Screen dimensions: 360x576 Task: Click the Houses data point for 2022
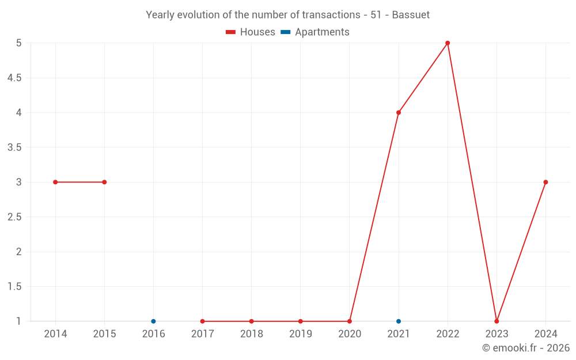[x=448, y=43]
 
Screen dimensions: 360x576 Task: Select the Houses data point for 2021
[x=399, y=112]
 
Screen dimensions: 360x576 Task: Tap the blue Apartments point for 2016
[x=153, y=321]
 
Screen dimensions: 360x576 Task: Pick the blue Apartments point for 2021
[x=399, y=321]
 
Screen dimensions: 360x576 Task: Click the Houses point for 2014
[x=55, y=182]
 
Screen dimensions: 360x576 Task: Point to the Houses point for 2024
[x=545, y=182]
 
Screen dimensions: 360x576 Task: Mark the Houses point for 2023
[x=497, y=321]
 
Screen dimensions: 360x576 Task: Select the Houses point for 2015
[x=104, y=182]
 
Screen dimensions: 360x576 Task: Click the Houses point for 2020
[x=350, y=321]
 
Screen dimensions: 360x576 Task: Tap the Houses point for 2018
[x=252, y=321]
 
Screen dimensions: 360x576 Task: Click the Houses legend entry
[x=251, y=32]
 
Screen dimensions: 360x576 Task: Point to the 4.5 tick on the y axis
[x=14, y=78]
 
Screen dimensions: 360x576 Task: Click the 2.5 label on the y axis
[x=14, y=217]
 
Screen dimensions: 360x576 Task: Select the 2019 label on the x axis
[x=301, y=334]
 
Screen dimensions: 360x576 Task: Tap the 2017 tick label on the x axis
[x=202, y=334]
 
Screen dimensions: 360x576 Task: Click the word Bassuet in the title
[x=411, y=15]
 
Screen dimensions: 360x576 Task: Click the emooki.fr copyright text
[x=526, y=348]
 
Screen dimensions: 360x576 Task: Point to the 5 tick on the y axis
[x=19, y=43]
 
